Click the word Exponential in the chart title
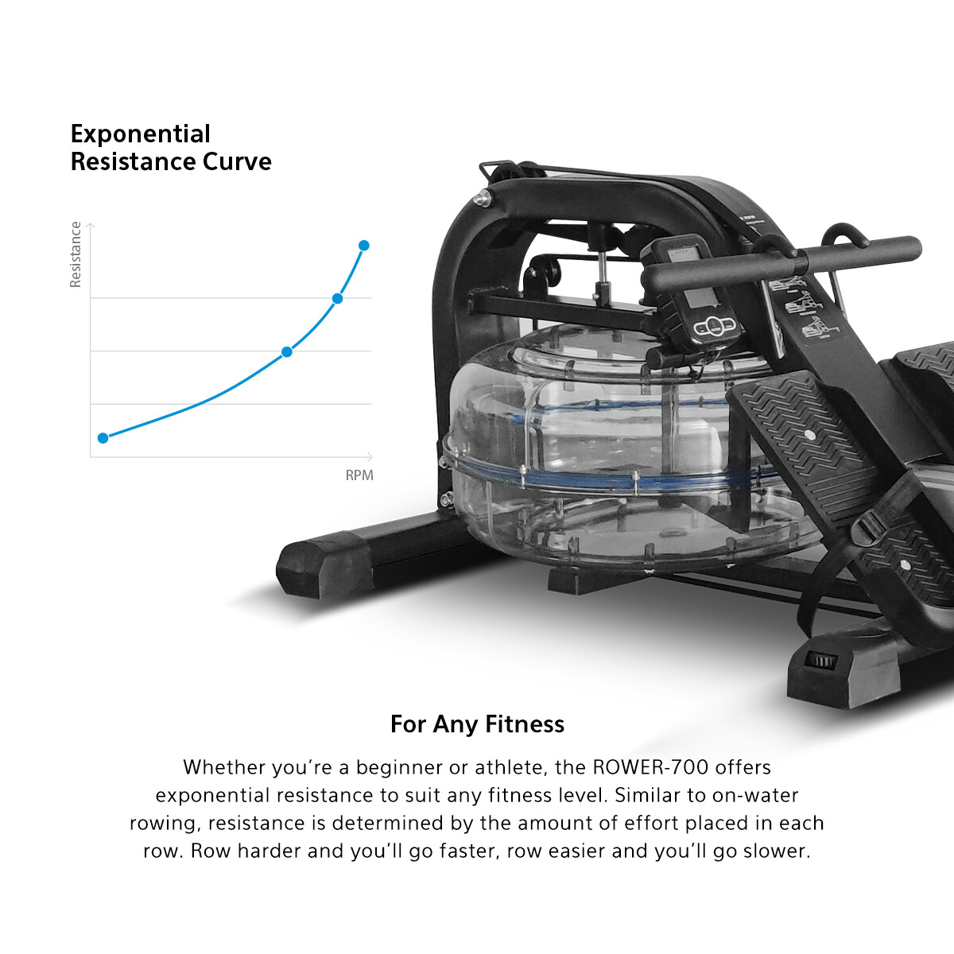(141, 134)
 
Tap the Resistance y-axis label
(76, 254)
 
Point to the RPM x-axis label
(359, 475)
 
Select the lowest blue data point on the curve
(103, 438)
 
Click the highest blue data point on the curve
(364, 245)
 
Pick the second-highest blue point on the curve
(337, 299)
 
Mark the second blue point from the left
(287, 351)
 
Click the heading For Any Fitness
(477, 724)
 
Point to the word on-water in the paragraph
(758, 795)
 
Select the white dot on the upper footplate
(809, 436)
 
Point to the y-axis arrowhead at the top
(91, 226)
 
